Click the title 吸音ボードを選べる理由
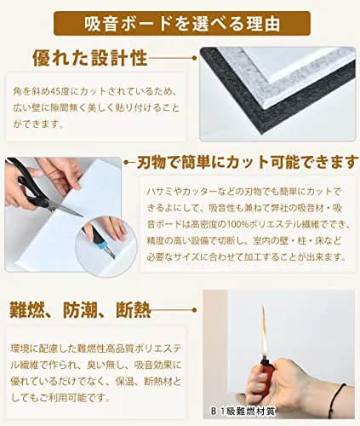(x=182, y=24)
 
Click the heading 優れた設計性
(x=90, y=58)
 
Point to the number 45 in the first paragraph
(x=54, y=92)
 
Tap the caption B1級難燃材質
(x=243, y=411)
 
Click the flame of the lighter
(x=264, y=331)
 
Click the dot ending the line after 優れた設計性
(x=194, y=58)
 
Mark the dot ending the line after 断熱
(x=194, y=310)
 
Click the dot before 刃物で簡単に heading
(x=127, y=163)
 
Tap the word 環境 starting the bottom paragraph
(x=20, y=349)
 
